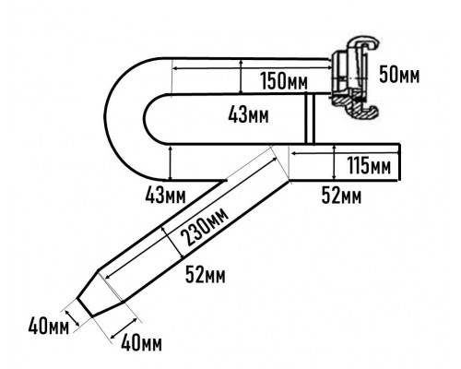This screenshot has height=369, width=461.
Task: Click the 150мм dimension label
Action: [x=284, y=81]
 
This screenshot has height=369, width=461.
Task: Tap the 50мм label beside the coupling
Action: [x=399, y=75]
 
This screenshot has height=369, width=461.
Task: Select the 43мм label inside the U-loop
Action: [x=248, y=115]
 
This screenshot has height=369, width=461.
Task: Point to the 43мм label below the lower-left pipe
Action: [x=165, y=196]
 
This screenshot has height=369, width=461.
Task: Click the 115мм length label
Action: [x=369, y=165]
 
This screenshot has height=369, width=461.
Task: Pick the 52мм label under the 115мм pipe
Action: [x=341, y=196]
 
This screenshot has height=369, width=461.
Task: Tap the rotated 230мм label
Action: [x=205, y=227]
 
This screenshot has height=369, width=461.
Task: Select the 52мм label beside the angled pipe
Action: [x=206, y=275]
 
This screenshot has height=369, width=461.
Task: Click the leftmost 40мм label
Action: [x=49, y=327]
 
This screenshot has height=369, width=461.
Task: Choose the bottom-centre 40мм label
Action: [x=141, y=343]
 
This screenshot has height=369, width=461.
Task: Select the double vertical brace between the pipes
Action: [x=310, y=118]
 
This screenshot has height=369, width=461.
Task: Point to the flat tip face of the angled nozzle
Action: [x=85, y=307]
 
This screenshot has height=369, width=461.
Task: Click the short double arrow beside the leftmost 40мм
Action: [x=72, y=317]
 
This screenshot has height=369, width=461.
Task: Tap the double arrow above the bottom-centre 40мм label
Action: [x=124, y=328]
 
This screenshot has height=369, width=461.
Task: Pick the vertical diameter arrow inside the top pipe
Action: [x=242, y=76]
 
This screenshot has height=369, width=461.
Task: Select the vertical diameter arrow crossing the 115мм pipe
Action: [x=335, y=162]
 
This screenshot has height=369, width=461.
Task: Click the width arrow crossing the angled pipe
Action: [x=173, y=242]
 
